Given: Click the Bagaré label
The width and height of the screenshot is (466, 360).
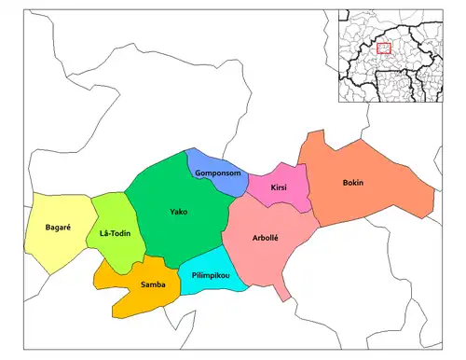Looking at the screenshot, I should pos(59,228).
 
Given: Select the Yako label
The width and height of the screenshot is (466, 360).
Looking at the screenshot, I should pos(178,212).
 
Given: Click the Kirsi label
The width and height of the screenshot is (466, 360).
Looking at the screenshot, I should pos(279,187).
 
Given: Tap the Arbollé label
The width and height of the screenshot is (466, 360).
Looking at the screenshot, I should pos(269,238).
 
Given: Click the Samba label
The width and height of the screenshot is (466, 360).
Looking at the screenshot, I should pos(153,284).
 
